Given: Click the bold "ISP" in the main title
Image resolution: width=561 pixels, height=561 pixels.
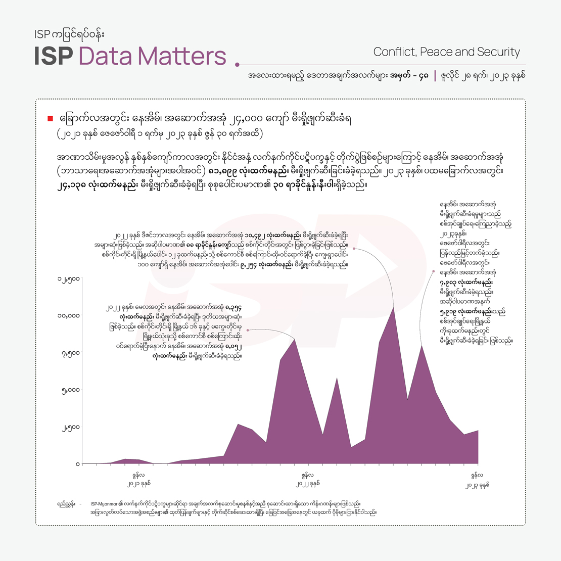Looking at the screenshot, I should coord(54,57).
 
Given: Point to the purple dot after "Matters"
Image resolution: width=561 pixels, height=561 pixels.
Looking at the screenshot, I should coord(237,65).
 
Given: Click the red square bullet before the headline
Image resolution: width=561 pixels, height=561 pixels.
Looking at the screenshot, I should coord(50,119).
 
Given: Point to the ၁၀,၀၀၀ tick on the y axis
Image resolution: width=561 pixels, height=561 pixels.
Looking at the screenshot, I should coord(68,315).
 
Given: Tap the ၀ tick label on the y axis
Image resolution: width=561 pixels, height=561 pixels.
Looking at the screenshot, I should coord(77,464).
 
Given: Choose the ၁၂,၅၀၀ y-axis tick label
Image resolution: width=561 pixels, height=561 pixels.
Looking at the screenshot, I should coord(68,278).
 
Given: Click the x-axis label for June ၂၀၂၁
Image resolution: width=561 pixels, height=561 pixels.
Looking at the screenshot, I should coord(138,479).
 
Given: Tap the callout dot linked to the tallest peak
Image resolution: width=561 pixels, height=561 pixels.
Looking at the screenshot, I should coord(354,249).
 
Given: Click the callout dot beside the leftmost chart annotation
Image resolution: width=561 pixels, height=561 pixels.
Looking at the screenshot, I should coord(247,330).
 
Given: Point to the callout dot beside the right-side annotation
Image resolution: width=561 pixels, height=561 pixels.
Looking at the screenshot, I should coord(434,271).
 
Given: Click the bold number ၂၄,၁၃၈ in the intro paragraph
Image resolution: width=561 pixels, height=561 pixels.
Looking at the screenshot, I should coord(73,185).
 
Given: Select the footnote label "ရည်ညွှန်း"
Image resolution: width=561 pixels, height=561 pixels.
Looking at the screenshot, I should coord(67,504).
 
